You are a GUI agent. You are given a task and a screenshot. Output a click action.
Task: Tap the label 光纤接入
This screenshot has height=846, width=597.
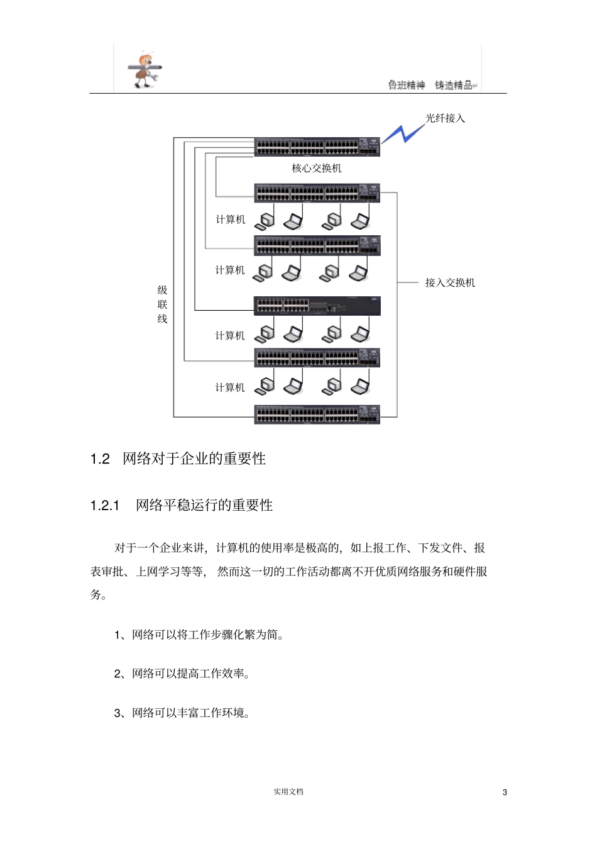[445, 118]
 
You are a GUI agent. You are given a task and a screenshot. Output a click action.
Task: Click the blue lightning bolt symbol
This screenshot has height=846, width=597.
[402, 133]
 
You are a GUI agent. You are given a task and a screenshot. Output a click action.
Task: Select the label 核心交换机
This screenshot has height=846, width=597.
[317, 168]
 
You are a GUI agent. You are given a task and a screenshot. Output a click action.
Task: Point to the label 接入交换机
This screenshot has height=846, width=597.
[450, 282]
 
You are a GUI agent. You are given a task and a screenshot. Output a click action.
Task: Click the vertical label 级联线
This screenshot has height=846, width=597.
[162, 304]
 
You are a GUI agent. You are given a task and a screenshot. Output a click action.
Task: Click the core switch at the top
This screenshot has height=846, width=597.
[317, 147]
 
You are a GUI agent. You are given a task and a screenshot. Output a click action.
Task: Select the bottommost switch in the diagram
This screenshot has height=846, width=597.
[317, 415]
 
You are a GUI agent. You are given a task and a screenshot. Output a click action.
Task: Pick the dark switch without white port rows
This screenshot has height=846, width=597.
[317, 306]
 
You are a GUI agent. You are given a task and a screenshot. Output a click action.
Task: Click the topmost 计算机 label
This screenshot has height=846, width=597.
[231, 220]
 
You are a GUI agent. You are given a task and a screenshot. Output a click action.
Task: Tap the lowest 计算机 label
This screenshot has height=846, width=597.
[230, 387]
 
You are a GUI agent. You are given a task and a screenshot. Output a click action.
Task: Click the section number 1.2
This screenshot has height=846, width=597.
[100, 459]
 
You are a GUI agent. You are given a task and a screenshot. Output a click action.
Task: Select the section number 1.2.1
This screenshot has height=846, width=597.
[105, 506]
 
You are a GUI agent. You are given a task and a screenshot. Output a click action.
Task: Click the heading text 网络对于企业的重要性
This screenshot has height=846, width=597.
[194, 459]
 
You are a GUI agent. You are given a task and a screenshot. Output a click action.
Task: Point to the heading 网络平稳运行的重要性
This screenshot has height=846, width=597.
[204, 506]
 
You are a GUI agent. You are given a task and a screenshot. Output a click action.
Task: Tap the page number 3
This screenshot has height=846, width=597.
[505, 793]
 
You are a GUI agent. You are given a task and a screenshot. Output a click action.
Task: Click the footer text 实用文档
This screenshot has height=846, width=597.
[288, 792]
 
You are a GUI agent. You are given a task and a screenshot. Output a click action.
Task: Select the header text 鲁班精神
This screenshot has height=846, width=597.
[406, 86]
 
